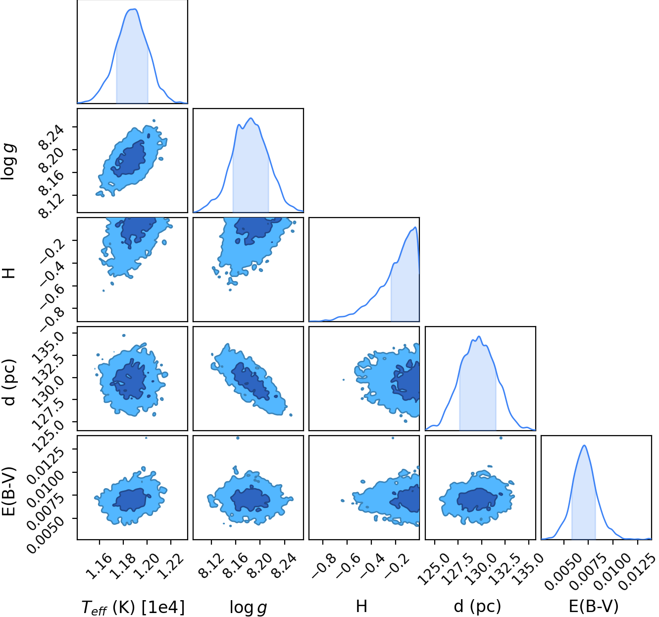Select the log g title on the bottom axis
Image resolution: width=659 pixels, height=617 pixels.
coord(248,607)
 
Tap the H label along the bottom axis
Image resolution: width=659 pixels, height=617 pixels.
coord(361,606)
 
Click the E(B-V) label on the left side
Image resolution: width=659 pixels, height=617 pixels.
coord(9,492)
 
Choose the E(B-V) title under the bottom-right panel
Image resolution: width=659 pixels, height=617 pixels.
coord(593,607)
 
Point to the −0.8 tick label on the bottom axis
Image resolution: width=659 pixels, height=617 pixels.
coord(322,570)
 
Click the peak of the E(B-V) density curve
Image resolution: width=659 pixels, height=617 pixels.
coord(584,446)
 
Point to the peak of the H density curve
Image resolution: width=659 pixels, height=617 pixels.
coord(415,227)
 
